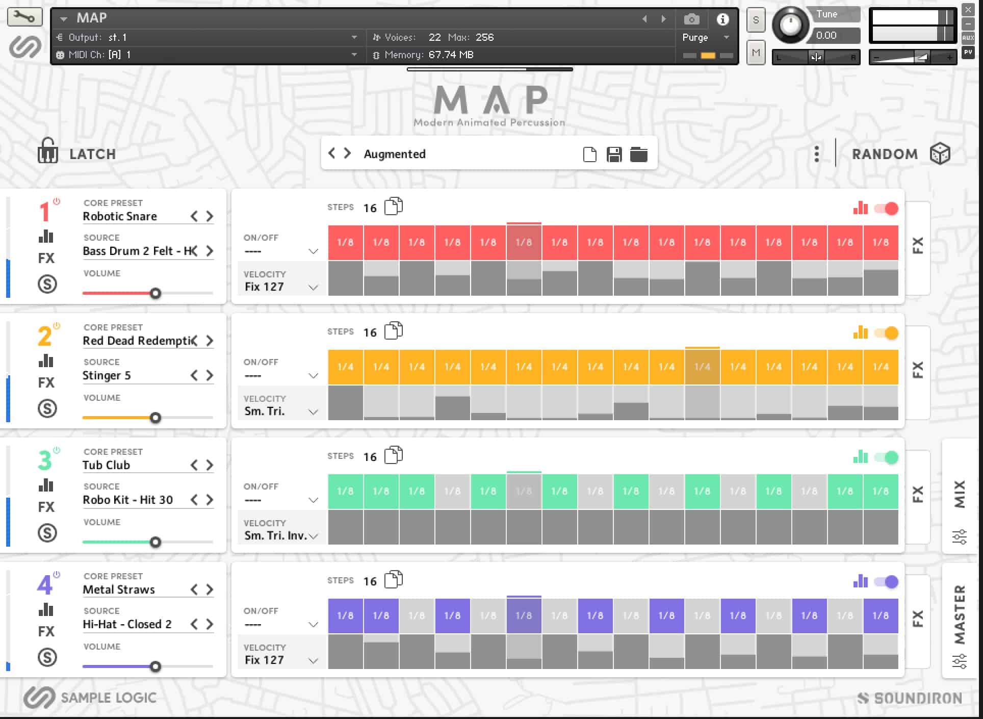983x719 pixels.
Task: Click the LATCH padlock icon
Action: tap(47, 151)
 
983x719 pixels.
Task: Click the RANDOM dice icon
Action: tap(940, 153)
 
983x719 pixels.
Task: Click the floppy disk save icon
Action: tap(614, 154)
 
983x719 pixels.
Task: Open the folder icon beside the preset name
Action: tap(638, 154)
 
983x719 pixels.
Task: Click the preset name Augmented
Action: tap(394, 154)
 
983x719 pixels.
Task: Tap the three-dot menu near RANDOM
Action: tap(816, 153)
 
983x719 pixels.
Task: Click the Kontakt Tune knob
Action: tap(790, 25)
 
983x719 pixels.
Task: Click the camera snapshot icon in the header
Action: tap(691, 19)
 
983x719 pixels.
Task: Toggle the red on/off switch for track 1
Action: tap(886, 209)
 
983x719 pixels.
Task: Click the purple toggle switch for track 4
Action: tap(886, 582)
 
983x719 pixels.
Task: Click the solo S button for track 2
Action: tap(47, 408)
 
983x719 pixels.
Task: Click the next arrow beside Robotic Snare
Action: tap(210, 216)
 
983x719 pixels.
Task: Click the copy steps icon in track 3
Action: tap(393, 455)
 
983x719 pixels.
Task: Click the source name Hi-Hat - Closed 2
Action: tap(127, 624)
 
